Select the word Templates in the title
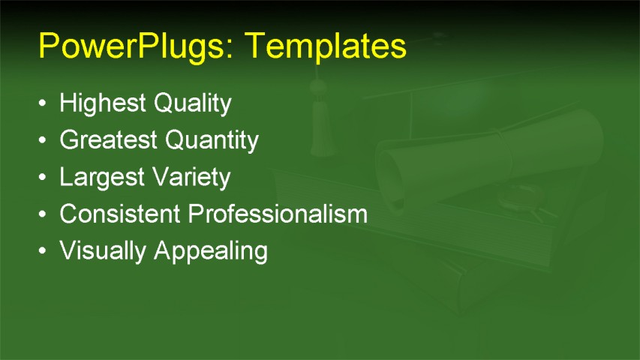click(326, 46)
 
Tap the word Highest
click(104, 103)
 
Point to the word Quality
click(193, 103)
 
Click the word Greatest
click(110, 140)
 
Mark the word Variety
click(191, 178)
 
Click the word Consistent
click(120, 214)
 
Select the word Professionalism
click(278, 214)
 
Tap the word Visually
click(104, 251)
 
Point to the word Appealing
click(211, 251)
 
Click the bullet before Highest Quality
click(44, 103)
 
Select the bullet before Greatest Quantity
click(44, 140)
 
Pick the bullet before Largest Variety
click(44, 178)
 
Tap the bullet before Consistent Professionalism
click(44, 214)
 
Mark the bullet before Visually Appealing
click(44, 251)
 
